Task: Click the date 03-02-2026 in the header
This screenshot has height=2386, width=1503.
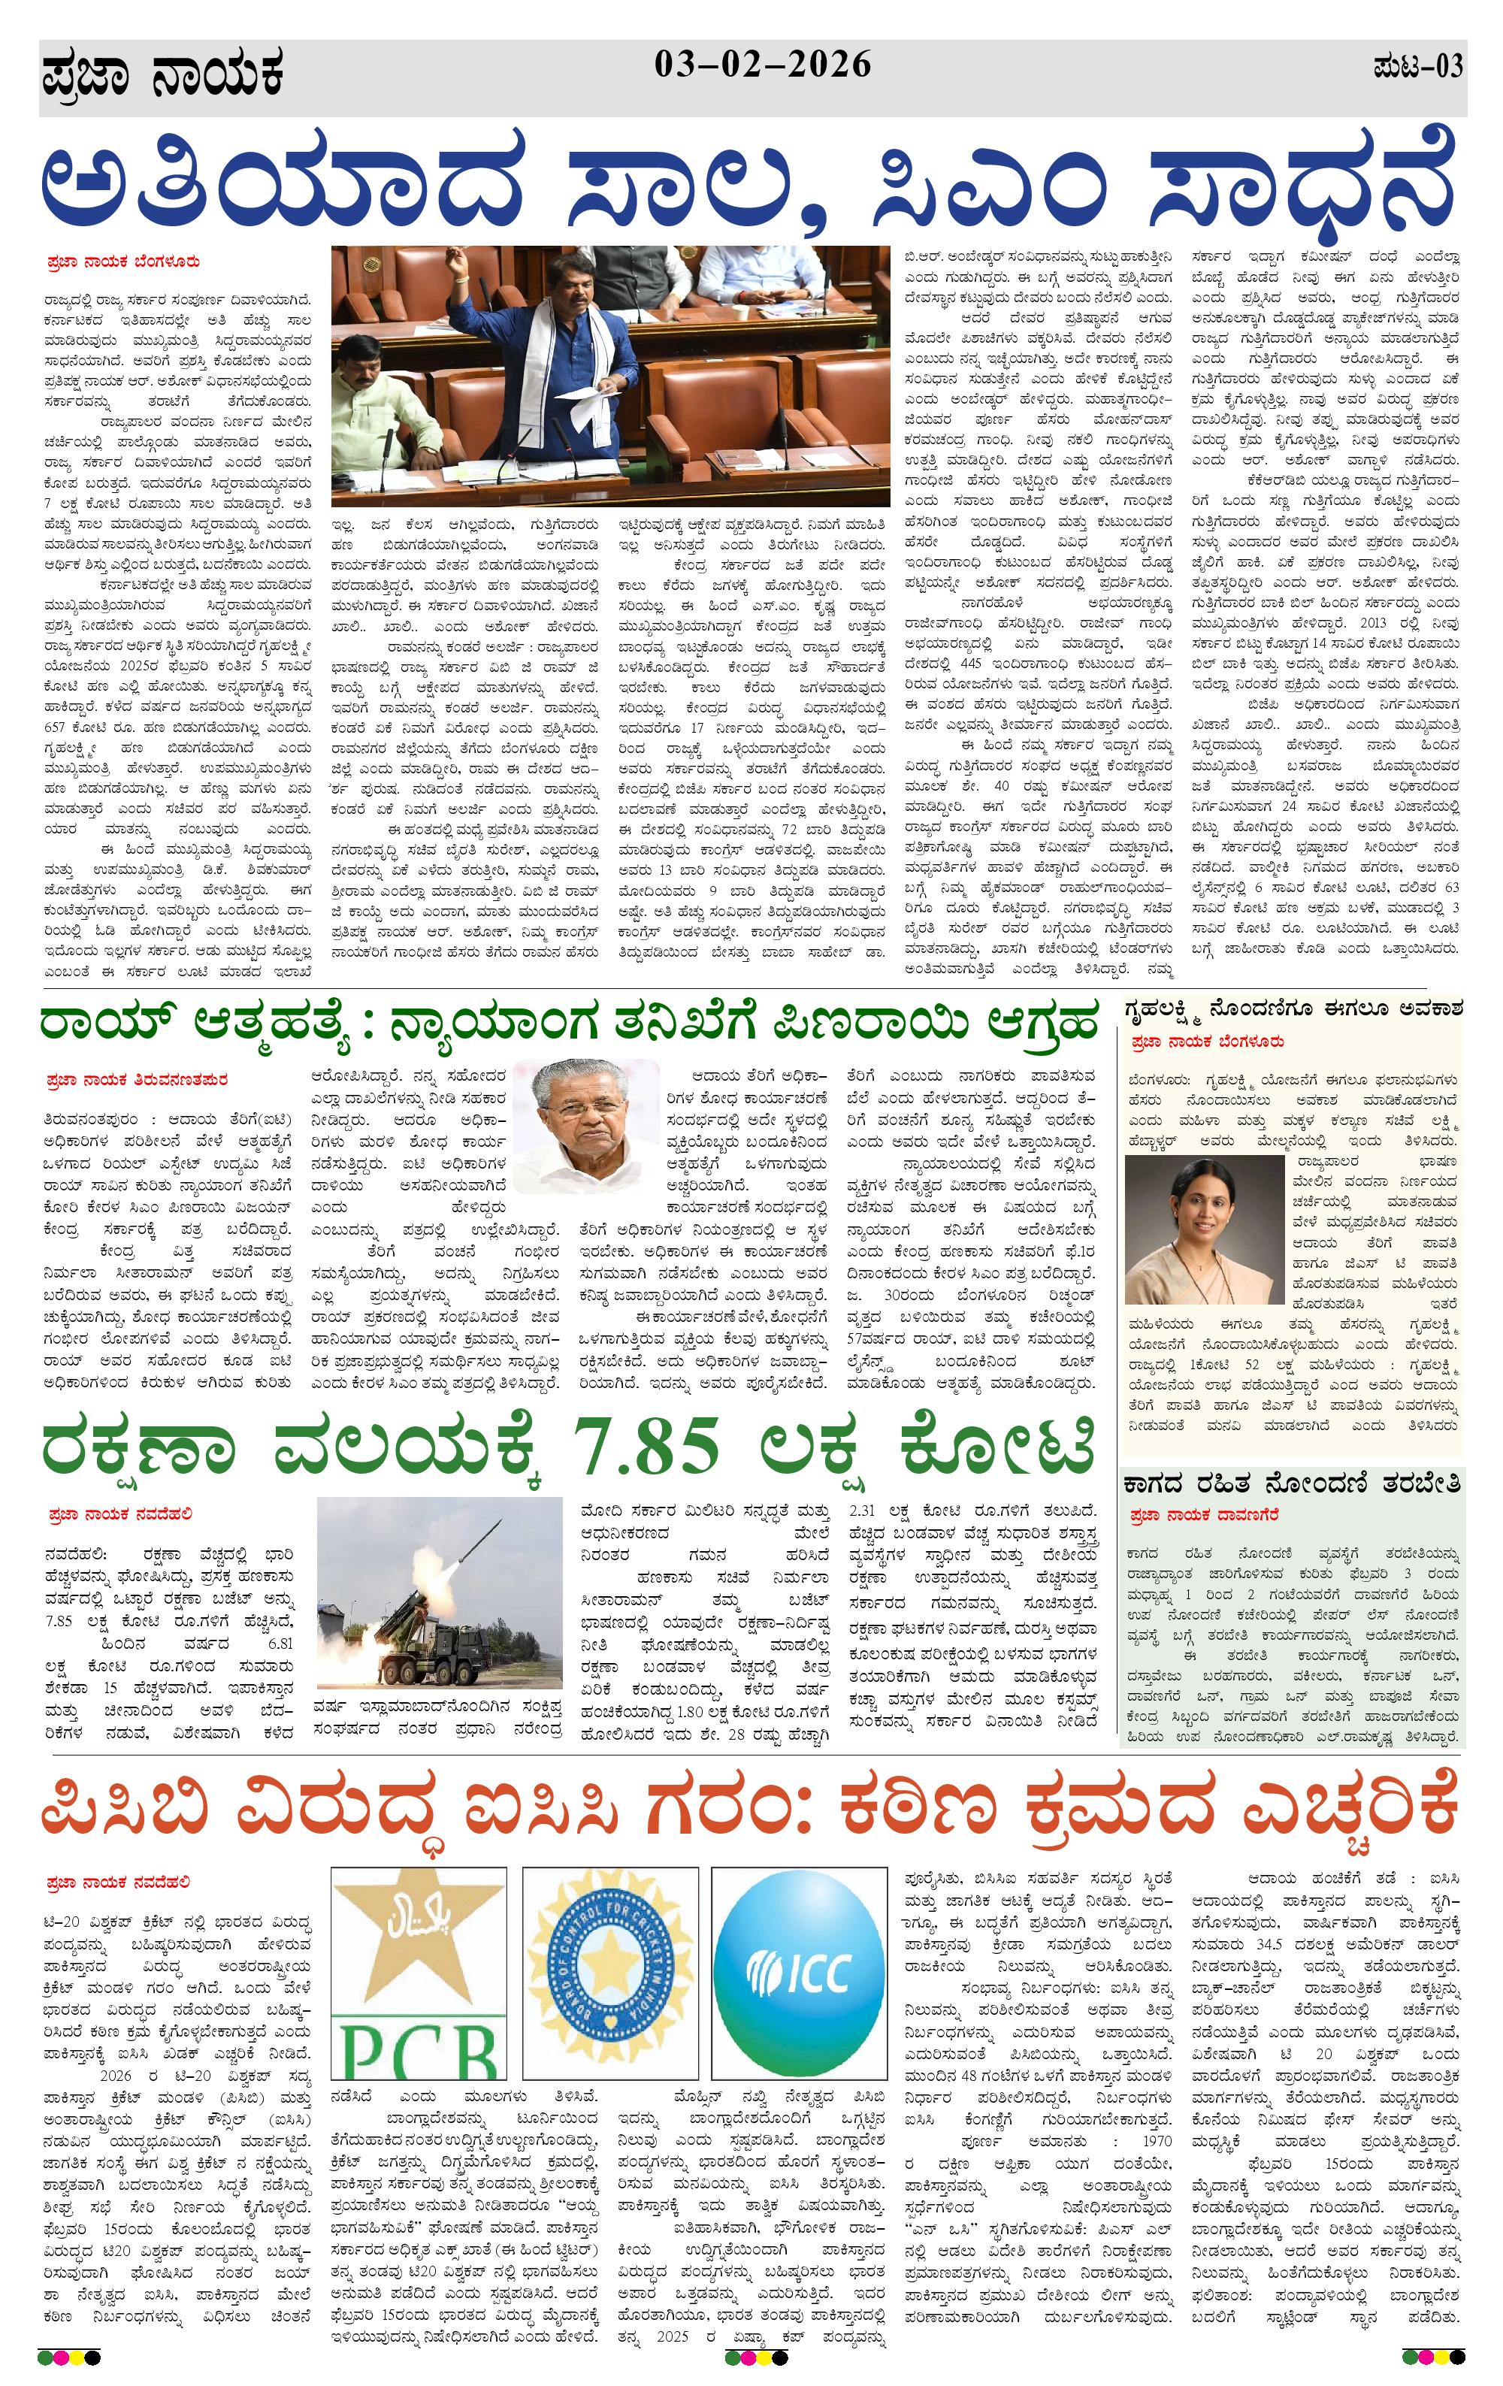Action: click(x=762, y=65)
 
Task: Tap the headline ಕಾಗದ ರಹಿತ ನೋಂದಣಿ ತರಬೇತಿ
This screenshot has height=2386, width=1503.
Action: click(x=1291, y=1484)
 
